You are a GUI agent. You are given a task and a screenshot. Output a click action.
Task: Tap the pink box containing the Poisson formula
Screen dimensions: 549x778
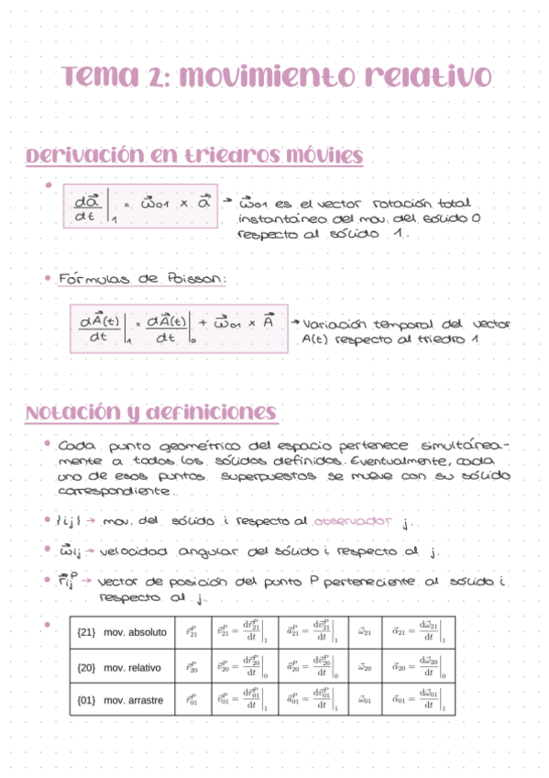(x=178, y=328)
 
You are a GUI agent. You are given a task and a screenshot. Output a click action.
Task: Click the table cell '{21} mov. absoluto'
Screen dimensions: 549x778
(x=122, y=632)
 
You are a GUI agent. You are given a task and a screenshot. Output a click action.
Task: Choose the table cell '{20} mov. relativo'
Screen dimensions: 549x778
(x=120, y=667)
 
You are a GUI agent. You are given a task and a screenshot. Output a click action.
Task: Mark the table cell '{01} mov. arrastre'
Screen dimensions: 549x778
(x=121, y=700)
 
